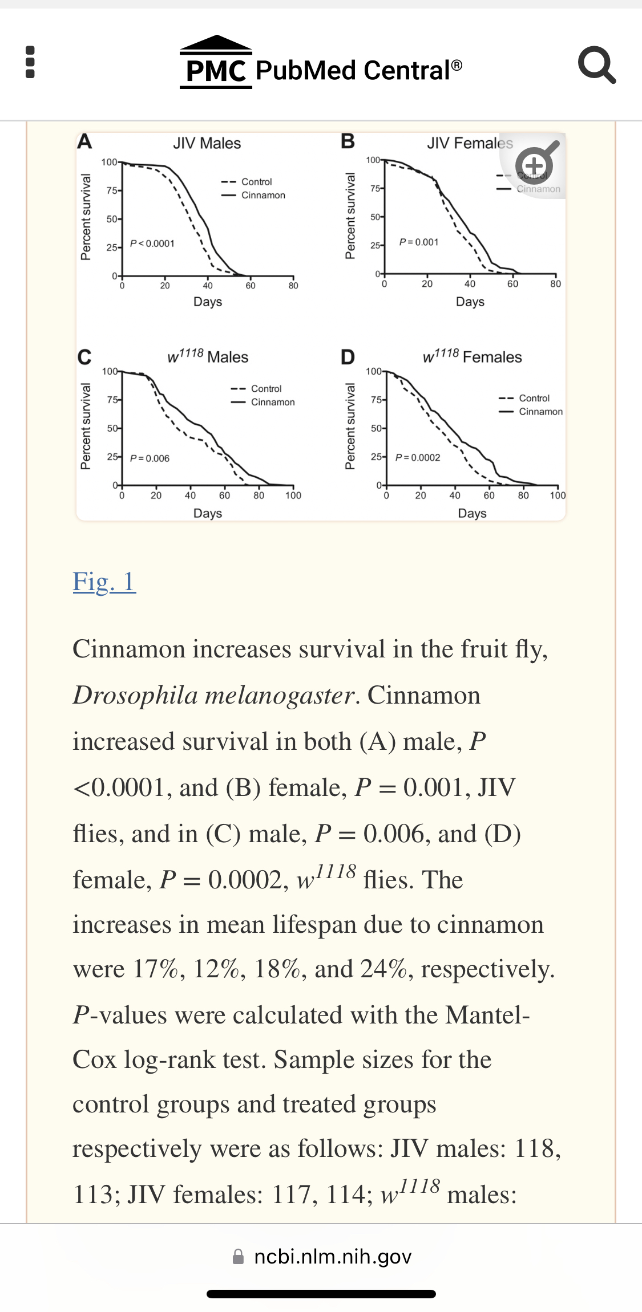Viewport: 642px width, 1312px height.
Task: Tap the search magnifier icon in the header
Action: (x=596, y=65)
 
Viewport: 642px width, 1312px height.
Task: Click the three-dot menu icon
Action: (x=30, y=62)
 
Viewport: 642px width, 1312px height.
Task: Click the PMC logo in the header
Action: (x=216, y=63)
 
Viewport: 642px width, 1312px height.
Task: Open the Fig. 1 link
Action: (x=104, y=582)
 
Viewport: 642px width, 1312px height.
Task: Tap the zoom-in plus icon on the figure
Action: (x=534, y=165)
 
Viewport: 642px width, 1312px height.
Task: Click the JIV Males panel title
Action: (x=207, y=143)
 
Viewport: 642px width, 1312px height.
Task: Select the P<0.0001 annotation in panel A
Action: (x=152, y=243)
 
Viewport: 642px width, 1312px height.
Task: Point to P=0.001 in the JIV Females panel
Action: (x=419, y=242)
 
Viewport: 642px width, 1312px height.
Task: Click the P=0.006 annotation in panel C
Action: (x=150, y=458)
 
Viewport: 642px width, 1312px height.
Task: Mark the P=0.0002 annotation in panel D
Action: (x=418, y=457)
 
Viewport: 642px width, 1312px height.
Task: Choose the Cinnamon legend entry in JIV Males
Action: (x=263, y=195)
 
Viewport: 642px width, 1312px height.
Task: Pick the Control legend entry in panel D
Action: (x=534, y=398)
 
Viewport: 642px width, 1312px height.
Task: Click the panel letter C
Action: (x=84, y=358)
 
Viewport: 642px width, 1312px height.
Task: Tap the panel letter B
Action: (x=348, y=141)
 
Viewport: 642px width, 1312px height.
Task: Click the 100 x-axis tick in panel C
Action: (x=293, y=495)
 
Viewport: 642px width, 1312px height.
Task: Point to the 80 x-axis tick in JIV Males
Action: (x=293, y=285)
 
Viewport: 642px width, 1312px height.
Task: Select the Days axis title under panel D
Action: (x=472, y=513)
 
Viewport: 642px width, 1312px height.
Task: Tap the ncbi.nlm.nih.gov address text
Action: (x=333, y=1257)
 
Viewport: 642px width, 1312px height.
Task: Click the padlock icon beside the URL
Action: (x=239, y=1257)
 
